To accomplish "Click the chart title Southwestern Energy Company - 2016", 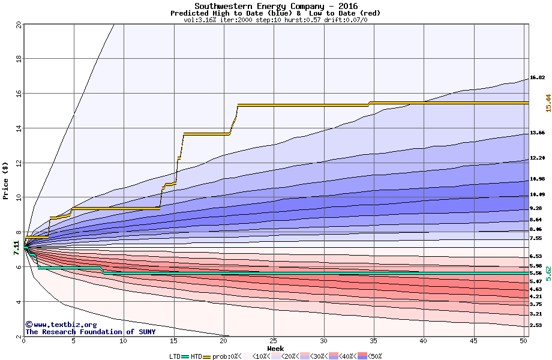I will pyautogui.click(x=275, y=6).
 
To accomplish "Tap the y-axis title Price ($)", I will pyautogui.click(x=6, y=181).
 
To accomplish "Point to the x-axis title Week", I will pyautogui.click(x=275, y=349).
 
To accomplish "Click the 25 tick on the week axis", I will pyautogui.click(x=274, y=341).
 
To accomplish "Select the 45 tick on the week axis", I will pyautogui.click(x=473, y=341).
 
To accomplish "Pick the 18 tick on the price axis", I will pyautogui.click(x=18, y=59).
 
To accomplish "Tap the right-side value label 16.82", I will pyautogui.click(x=537, y=77).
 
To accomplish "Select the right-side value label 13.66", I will pyautogui.click(x=537, y=133).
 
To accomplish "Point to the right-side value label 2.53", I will pyautogui.click(x=537, y=325).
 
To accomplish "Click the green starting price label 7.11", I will pyautogui.click(x=17, y=247).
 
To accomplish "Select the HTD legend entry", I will pyautogui.click(x=196, y=356).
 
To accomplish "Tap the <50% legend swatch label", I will pyautogui.click(x=374, y=356).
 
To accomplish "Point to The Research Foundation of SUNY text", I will pyautogui.click(x=90, y=332).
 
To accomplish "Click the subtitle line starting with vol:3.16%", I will pyautogui.click(x=275, y=20).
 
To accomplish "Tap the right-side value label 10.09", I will pyautogui.click(x=537, y=195).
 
